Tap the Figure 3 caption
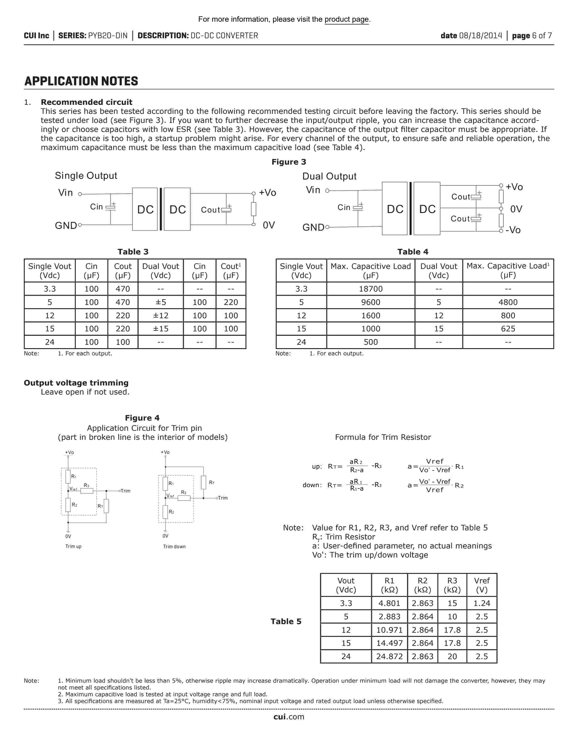coord(289,162)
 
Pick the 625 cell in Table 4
coord(508,329)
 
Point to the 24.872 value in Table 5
coord(389,656)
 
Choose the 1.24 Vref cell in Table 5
coord(481,603)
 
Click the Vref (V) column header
coord(481,585)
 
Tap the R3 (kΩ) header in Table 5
coord(452,585)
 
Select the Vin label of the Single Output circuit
coord(66,193)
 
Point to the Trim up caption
coord(73,547)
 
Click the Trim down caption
coord(174,547)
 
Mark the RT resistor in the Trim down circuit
coord(203,482)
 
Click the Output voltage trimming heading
coord(76,383)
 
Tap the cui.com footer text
coord(289,717)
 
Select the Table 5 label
coord(286,621)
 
